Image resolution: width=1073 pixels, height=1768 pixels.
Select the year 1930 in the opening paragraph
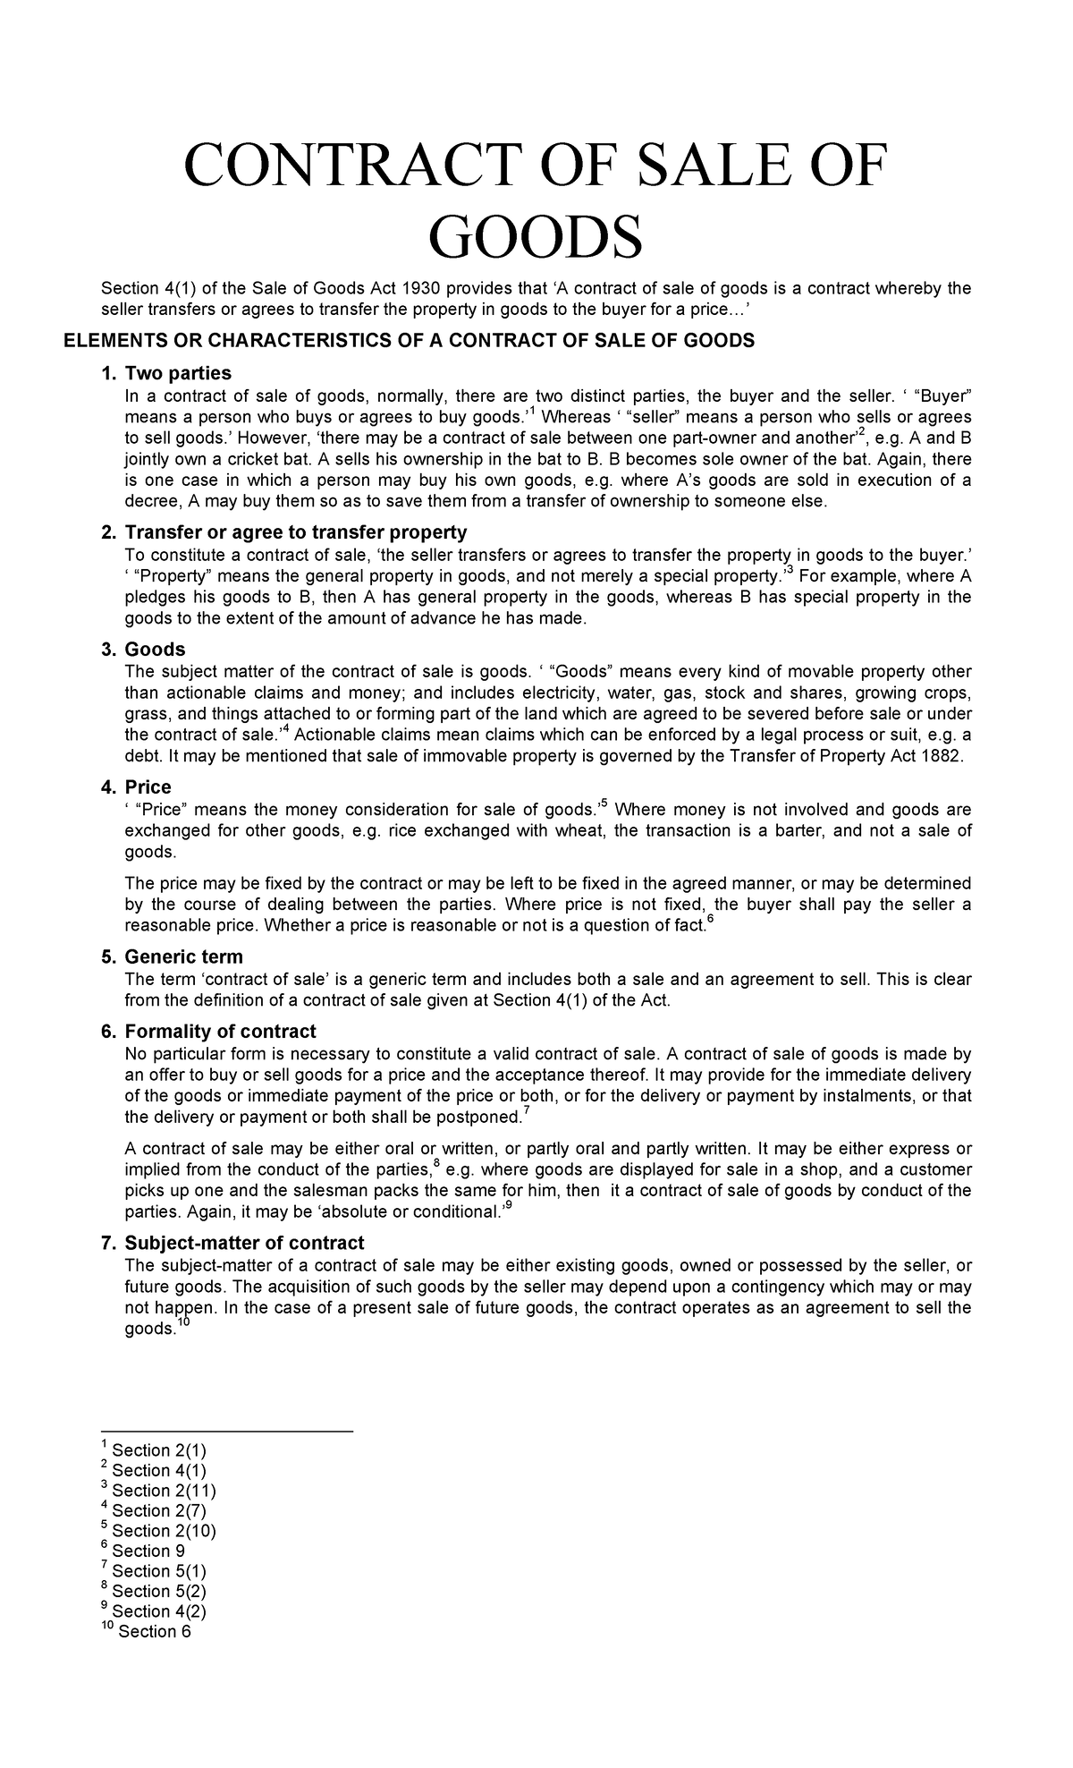[419, 287]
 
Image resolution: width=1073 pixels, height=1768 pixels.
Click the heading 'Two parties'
[178, 373]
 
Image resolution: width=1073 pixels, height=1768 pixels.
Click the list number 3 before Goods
[107, 650]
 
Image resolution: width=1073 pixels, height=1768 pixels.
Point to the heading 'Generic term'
[183, 956]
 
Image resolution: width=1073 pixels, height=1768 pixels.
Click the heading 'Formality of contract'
[220, 1032]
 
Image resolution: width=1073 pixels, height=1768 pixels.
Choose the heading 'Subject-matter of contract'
[244, 1243]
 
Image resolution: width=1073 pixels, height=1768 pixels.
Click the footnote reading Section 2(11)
[163, 1491]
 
